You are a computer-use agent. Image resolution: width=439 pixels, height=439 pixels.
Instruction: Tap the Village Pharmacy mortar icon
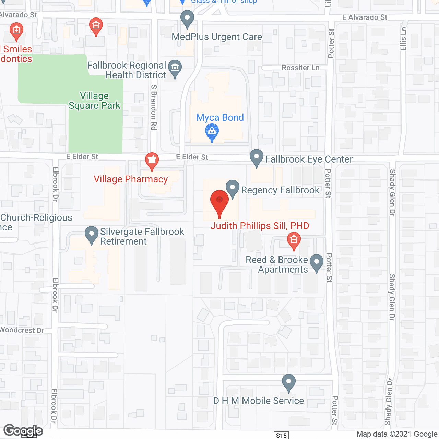[152, 161]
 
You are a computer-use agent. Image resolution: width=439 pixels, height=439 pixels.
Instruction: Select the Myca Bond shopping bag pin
[212, 132]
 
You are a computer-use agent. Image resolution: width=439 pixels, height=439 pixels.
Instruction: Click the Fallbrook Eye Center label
[309, 159]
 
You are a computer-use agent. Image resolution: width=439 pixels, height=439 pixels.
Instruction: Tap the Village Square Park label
[94, 100]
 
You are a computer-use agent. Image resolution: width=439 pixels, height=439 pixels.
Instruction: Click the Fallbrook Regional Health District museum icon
[175, 68]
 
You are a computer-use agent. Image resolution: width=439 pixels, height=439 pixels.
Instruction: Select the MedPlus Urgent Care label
[217, 37]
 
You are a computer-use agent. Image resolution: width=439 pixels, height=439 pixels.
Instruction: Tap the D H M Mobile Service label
[259, 401]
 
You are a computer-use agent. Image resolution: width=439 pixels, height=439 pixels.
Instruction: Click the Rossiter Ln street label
[300, 68]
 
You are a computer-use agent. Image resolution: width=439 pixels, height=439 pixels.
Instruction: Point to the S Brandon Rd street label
[154, 107]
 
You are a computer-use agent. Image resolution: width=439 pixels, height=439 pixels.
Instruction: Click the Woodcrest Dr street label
[22, 330]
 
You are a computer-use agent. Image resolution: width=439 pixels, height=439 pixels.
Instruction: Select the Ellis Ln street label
[403, 39]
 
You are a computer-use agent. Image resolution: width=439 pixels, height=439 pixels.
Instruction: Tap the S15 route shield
[281, 436]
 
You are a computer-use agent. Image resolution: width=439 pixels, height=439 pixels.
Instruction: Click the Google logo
[23, 431]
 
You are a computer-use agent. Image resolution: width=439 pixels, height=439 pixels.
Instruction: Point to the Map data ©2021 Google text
[397, 434]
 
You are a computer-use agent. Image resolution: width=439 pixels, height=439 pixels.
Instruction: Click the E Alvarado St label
[365, 17]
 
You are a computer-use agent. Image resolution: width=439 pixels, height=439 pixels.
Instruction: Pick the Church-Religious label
[36, 218]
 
